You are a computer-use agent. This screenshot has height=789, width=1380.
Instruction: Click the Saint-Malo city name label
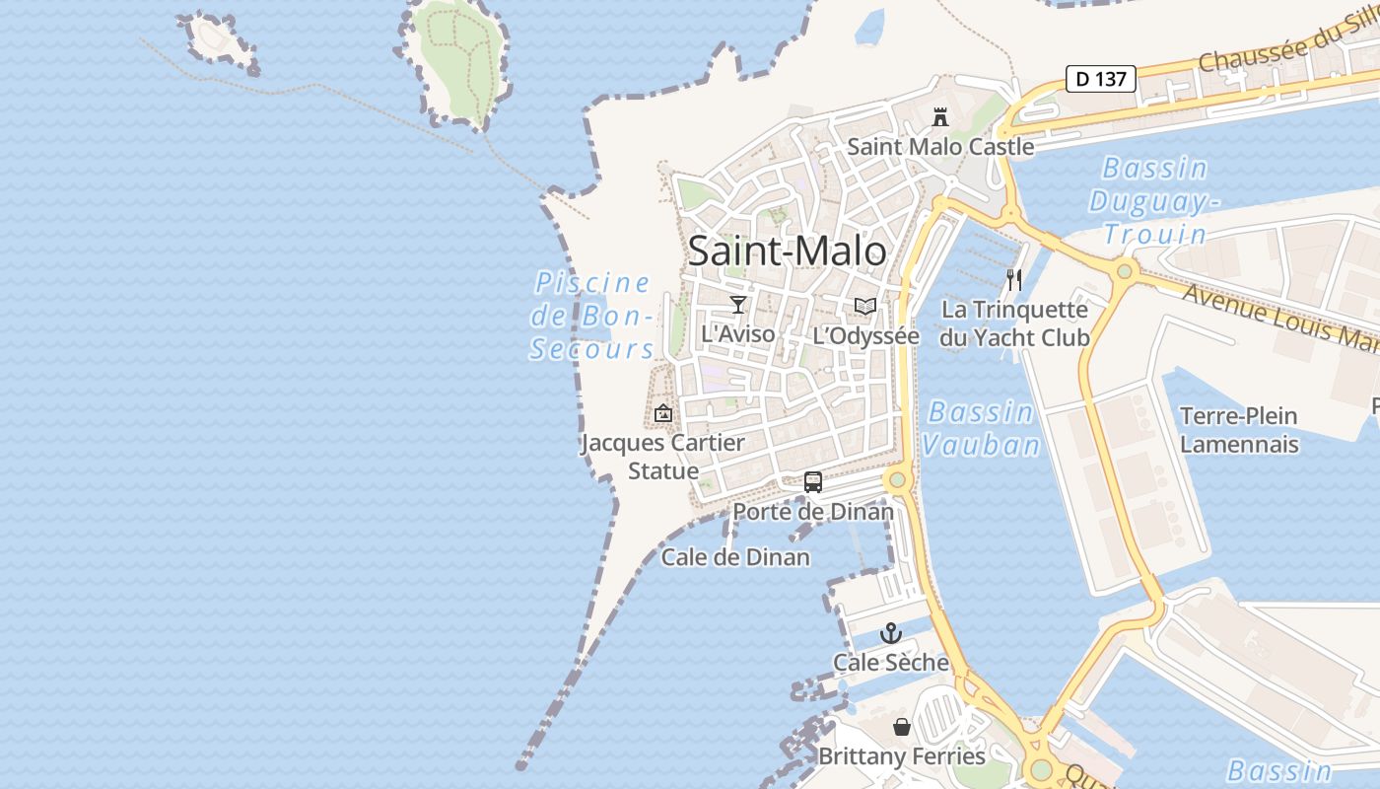click(x=787, y=251)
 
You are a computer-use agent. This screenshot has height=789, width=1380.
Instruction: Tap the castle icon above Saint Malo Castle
click(x=940, y=117)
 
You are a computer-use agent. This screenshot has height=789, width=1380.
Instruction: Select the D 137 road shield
click(x=1101, y=79)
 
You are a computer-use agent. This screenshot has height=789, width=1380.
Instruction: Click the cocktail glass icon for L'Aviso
click(x=737, y=304)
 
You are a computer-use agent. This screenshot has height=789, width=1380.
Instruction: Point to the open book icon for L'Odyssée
click(x=865, y=307)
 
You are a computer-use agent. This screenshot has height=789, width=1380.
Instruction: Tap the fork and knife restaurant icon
click(x=1014, y=280)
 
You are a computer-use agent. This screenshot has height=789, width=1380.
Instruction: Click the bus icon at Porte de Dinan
click(x=812, y=482)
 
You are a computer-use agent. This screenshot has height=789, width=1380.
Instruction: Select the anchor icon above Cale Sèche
click(x=891, y=633)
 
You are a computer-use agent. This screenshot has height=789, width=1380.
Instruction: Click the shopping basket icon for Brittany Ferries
click(x=901, y=728)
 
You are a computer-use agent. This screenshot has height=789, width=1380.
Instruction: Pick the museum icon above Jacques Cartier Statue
click(x=663, y=413)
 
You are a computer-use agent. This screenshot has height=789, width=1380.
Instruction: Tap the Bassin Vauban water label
click(x=981, y=428)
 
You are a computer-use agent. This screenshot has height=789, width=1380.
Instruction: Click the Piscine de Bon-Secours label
click(x=592, y=316)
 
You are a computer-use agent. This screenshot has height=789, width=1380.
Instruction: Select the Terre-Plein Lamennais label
click(x=1239, y=430)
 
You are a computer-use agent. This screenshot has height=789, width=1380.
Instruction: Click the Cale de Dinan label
click(x=735, y=557)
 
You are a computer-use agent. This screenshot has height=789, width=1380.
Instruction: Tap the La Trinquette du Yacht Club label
click(x=1014, y=323)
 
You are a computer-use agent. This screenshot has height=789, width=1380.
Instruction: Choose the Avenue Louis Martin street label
click(x=1281, y=316)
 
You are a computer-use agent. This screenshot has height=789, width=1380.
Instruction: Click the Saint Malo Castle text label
click(x=940, y=147)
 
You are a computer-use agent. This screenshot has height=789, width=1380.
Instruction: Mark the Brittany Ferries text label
click(x=901, y=756)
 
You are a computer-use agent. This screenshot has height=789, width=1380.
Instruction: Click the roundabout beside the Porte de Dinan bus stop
click(x=896, y=481)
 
